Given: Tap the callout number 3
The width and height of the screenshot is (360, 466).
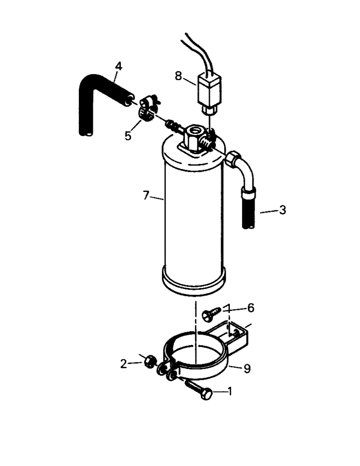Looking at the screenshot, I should coord(282,210).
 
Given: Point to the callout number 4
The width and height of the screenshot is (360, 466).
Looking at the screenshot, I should coord(118,67).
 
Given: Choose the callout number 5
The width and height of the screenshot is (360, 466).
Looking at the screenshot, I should coord(128,136).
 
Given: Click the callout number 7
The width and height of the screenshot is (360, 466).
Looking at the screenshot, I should coord(146,196).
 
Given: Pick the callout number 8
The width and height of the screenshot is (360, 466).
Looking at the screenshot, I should coord(179,75).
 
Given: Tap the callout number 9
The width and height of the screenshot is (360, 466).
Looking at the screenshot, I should coord(247,369).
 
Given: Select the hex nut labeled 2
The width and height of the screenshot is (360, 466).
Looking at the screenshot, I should coord(149,361).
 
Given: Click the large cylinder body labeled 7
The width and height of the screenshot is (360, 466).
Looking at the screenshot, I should coord(194,214).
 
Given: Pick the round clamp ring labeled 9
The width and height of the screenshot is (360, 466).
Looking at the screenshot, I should coord(196,361).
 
